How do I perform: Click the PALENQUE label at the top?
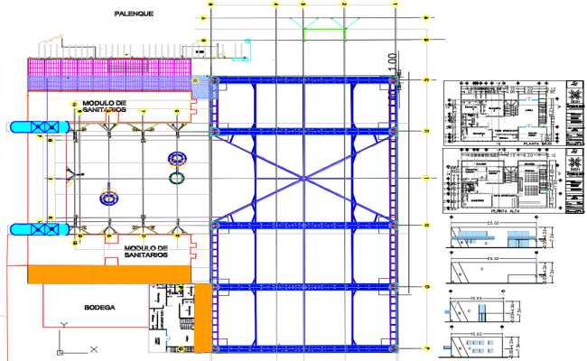(134, 14)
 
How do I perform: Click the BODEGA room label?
(99, 308)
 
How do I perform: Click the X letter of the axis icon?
(93, 347)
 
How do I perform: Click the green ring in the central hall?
(176, 177)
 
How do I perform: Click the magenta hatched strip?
(113, 69)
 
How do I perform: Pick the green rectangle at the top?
(324, 33)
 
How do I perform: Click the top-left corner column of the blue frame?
(214, 82)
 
